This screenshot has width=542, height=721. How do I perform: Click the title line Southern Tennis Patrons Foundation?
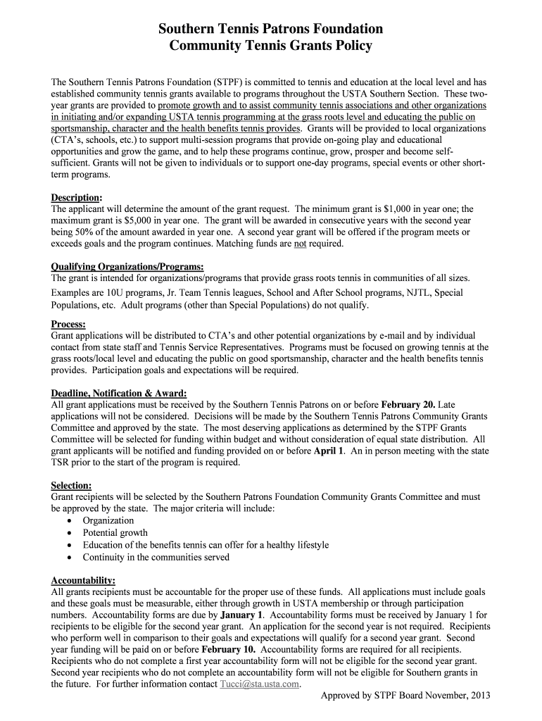(x=270, y=29)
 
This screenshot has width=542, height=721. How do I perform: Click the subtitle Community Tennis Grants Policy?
(x=270, y=46)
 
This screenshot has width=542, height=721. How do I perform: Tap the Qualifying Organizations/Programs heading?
(x=127, y=267)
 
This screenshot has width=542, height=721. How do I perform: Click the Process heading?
(x=68, y=324)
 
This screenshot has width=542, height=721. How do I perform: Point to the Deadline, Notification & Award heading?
(x=119, y=393)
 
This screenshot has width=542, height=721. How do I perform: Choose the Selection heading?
(x=71, y=486)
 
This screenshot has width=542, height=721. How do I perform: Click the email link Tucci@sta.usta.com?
(x=260, y=684)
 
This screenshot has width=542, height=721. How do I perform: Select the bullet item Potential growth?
(x=115, y=533)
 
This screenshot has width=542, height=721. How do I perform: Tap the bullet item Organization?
(x=108, y=521)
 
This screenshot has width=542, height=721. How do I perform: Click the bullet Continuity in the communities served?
(x=156, y=557)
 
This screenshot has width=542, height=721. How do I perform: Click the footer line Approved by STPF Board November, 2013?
(x=404, y=696)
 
